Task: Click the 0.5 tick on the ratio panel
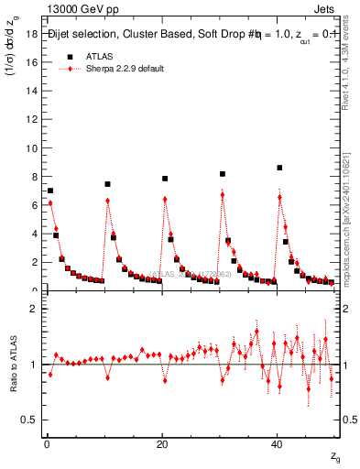tap(29, 420)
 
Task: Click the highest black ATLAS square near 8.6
tap(279, 168)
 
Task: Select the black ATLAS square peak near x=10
tap(107, 184)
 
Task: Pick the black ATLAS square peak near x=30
tap(222, 173)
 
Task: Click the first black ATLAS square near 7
tap(50, 191)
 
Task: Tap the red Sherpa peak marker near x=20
tap(165, 199)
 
